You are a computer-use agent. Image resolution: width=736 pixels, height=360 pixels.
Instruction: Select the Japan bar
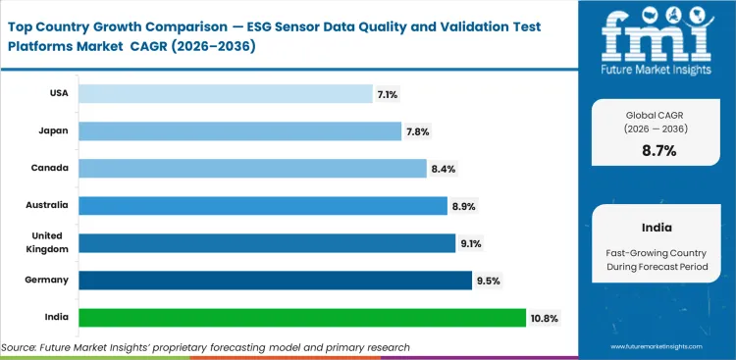pos(239,130)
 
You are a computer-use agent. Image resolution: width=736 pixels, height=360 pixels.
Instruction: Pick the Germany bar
pos(274,280)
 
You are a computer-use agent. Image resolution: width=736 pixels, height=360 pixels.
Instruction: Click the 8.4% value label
pos(443,169)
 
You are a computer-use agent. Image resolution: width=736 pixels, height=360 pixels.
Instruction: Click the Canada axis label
pos(51,168)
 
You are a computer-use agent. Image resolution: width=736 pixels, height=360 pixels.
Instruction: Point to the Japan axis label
pos(54,130)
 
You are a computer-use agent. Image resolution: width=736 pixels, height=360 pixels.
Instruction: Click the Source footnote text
pos(205,347)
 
